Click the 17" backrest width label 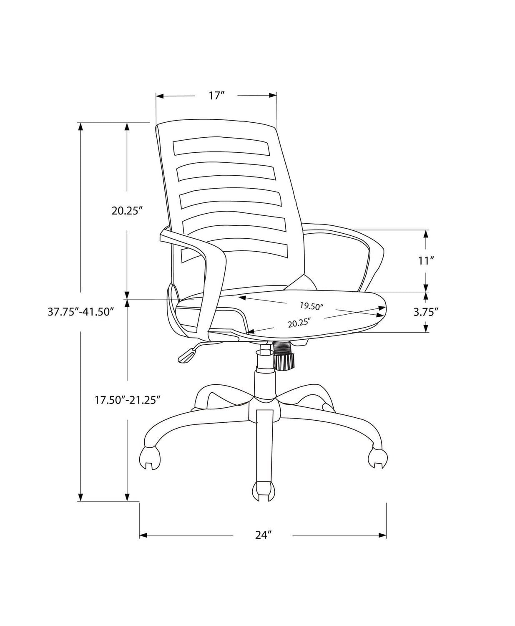[x=217, y=96]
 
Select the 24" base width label [x=264, y=535]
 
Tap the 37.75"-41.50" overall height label [x=80, y=312]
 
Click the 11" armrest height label [x=426, y=261]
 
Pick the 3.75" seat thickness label [x=426, y=311]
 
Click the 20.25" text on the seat [x=300, y=323]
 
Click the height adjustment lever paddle [x=187, y=355]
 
